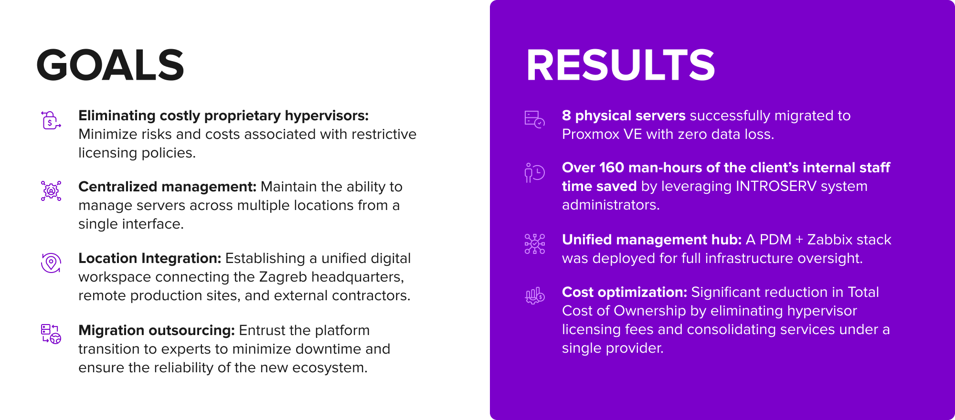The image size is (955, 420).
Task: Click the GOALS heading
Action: (110, 65)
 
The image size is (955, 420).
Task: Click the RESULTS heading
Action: (620, 65)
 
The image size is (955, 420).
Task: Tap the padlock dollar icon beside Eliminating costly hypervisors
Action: (51, 120)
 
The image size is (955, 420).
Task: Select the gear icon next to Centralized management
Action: (51, 191)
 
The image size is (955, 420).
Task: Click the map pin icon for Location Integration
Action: (51, 263)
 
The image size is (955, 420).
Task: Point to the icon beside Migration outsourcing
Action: (51, 334)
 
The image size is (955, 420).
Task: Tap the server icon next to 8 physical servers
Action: (535, 119)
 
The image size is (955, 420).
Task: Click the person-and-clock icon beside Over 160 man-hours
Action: (535, 173)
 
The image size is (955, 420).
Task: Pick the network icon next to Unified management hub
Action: (535, 244)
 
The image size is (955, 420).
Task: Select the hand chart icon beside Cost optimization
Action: (535, 296)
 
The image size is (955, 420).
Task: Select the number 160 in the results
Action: (612, 168)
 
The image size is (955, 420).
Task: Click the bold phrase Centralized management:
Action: (168, 187)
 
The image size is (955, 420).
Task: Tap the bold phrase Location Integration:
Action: (150, 258)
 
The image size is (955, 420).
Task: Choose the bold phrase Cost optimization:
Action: (625, 292)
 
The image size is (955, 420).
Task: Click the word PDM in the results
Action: (775, 240)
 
